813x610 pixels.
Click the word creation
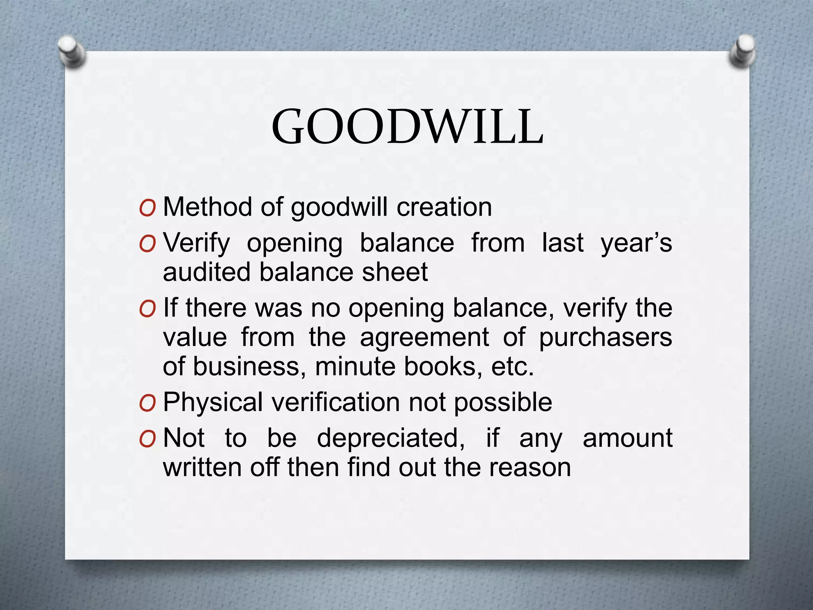[444, 207]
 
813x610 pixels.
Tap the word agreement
[424, 337]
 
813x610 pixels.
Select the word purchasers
[605, 337]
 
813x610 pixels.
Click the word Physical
[213, 402]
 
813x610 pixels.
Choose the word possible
[503, 402]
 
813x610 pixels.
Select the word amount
[627, 438]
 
